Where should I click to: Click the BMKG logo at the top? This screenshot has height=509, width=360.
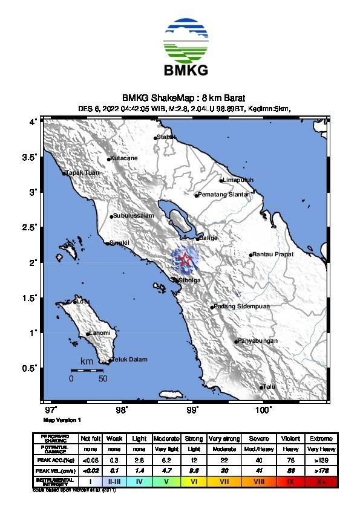pyautogui.click(x=186, y=48)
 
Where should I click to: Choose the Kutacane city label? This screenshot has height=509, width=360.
pyautogui.click(x=125, y=158)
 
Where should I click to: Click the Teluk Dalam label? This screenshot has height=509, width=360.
pyautogui.click(x=130, y=360)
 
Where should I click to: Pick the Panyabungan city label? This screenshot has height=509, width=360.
pyautogui.click(x=258, y=341)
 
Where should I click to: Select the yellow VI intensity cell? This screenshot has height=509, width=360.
pyautogui.click(x=194, y=481)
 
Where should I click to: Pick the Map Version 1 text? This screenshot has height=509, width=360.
pyautogui.click(x=62, y=419)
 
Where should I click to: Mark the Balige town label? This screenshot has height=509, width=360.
pyautogui.click(x=208, y=238)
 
